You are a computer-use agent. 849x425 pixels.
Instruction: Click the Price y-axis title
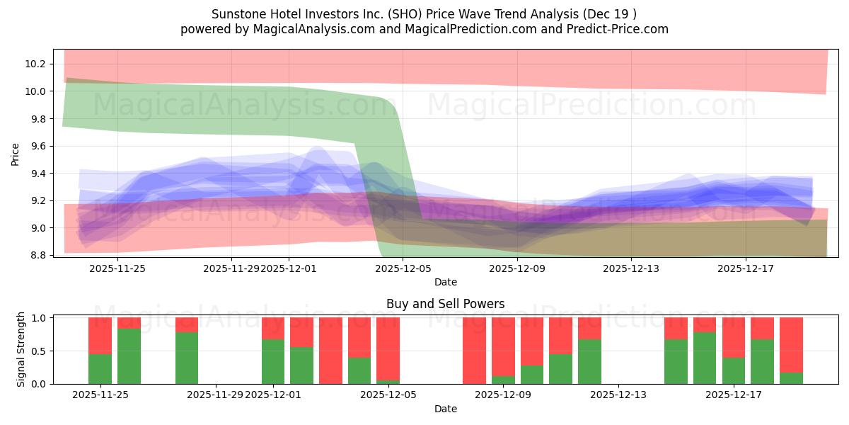coord(16,153)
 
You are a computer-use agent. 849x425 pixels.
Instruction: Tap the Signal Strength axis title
coord(21,349)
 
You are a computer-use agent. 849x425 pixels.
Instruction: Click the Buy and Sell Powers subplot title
coord(445,304)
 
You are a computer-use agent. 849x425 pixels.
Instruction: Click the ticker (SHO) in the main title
coord(388,14)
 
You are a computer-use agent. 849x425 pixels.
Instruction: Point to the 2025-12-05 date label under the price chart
coord(403,268)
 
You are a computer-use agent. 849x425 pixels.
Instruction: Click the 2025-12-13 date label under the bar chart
coord(618,395)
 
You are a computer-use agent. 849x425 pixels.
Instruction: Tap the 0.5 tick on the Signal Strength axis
coord(39,351)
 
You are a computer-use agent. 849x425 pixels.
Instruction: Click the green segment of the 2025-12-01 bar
coord(273,361)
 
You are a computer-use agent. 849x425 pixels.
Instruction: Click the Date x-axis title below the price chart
coord(445,282)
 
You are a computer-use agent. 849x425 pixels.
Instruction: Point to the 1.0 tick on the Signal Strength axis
coord(39,318)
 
